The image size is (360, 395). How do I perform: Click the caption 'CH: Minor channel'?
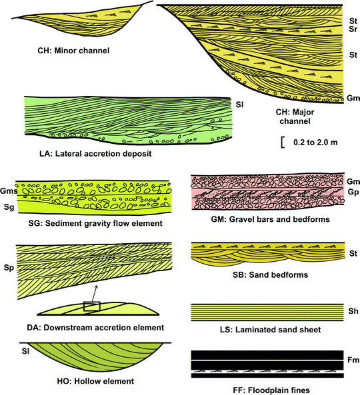[75, 50]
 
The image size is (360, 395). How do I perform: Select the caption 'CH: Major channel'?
[299, 117]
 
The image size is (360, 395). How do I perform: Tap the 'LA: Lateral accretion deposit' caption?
[96, 153]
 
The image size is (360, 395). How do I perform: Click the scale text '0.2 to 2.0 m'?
[313, 142]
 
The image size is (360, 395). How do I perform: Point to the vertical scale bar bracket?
[284, 142]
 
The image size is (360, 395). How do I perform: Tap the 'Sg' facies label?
[8, 207]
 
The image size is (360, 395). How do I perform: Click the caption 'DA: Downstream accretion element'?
[97, 327]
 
